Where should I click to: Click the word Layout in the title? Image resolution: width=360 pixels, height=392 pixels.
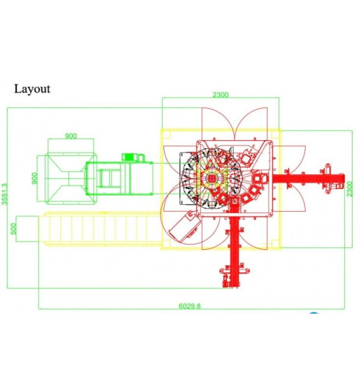click(32, 89)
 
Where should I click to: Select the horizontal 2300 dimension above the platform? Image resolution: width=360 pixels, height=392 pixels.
click(220, 95)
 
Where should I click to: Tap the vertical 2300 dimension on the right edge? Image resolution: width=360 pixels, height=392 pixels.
click(350, 189)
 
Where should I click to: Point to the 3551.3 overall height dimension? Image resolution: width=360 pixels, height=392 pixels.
click(5, 194)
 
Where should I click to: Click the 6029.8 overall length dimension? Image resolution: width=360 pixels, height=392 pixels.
click(190, 306)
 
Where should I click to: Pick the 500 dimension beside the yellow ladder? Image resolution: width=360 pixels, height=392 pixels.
click(14, 228)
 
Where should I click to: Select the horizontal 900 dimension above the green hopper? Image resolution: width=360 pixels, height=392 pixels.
click(71, 136)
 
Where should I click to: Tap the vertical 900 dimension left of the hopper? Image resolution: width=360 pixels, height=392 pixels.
click(35, 178)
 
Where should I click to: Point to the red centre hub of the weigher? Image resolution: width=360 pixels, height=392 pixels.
click(212, 178)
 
